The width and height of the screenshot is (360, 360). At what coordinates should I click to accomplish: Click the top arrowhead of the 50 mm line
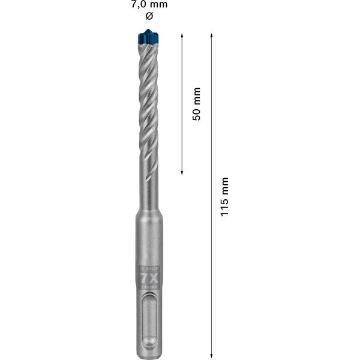[x=182, y=35]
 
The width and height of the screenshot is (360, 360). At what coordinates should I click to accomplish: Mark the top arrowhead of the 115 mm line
[x=212, y=35]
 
